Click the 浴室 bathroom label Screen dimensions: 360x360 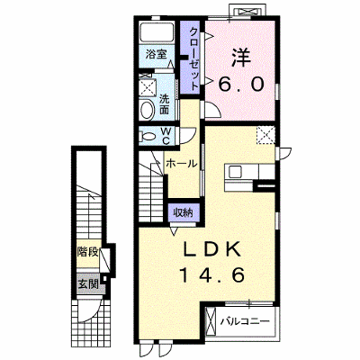pos(156,54)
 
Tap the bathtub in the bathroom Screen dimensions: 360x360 pos(157,32)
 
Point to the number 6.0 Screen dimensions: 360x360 pos(241,85)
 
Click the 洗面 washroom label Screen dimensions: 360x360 pos(164,104)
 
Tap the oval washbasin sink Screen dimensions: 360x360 pos(147,110)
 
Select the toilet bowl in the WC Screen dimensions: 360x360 pos(148,137)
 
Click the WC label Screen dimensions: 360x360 pos(166,136)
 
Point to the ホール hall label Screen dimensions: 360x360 pos(182,164)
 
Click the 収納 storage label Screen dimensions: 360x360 pos(183,212)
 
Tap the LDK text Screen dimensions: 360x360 pos(212,249)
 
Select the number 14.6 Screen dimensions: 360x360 pos(211,275)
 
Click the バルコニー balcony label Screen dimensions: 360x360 pos(245,322)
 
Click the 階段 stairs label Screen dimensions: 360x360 pos(87,253)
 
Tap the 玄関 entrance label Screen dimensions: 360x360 pos(88,283)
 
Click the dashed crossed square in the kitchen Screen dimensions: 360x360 pos(265,135)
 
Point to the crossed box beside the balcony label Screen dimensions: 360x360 pos(211,322)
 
